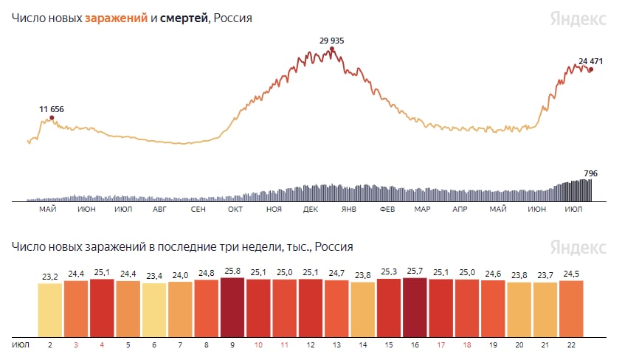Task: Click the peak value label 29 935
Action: click(x=331, y=41)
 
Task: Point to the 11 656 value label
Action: click(x=52, y=109)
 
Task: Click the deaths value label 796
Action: click(x=590, y=174)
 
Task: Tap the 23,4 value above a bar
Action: click(x=155, y=277)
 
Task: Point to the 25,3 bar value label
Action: click(x=389, y=272)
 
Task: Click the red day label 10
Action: click(x=258, y=345)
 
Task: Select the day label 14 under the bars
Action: click(x=362, y=345)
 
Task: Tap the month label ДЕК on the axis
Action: click(x=310, y=210)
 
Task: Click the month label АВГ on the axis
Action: click(x=159, y=210)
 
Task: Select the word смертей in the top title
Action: click(x=184, y=18)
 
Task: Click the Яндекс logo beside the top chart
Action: click(x=578, y=19)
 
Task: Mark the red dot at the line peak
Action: click(x=332, y=49)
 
